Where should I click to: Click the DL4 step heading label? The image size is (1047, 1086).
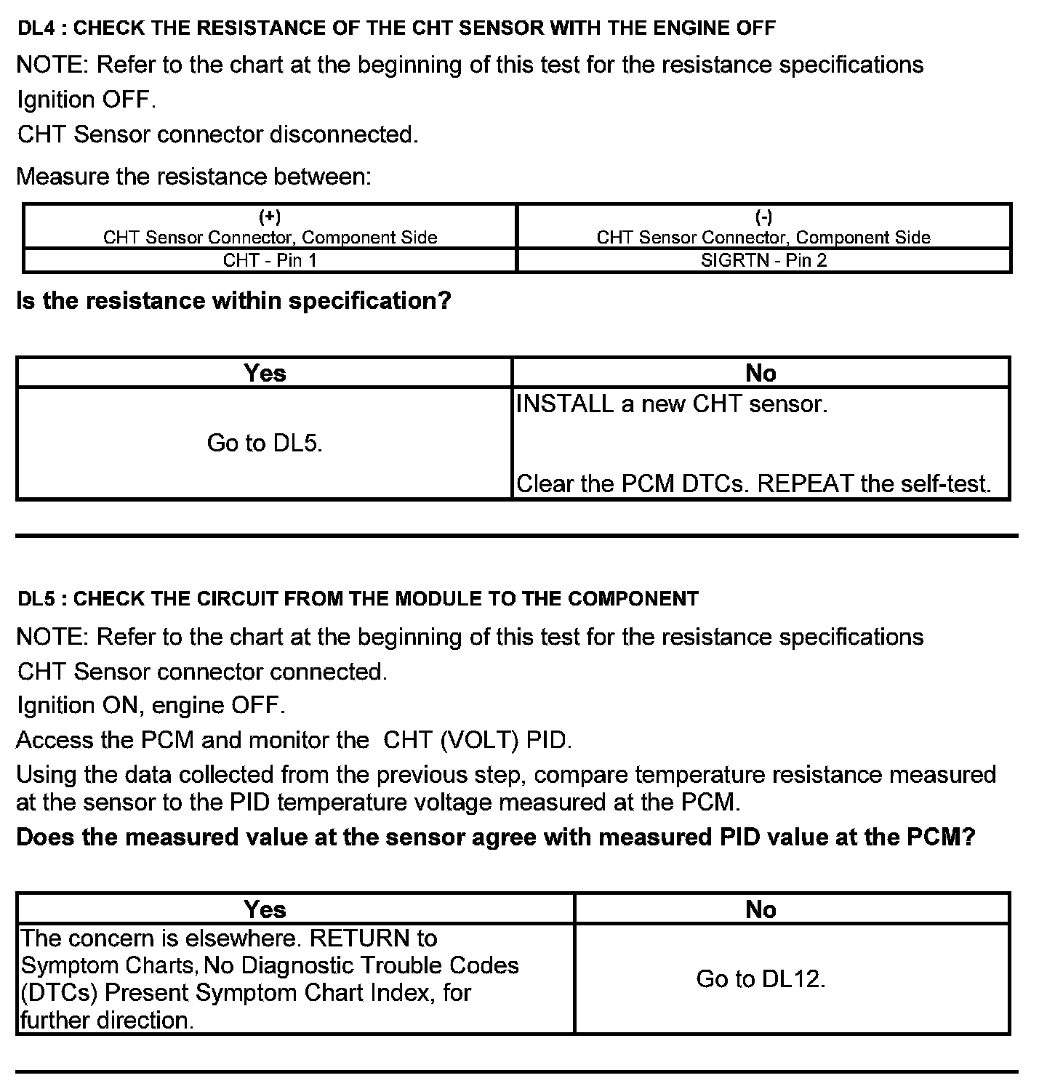coord(396,28)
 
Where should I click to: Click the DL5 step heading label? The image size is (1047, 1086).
coord(357,599)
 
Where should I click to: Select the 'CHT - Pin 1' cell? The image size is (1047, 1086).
coord(270,260)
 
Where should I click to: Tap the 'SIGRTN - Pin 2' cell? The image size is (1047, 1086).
coord(763,260)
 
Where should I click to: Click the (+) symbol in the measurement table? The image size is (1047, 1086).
coord(270,217)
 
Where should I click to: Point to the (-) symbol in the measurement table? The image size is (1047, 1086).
coord(763,217)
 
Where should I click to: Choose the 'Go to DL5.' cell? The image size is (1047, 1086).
coord(265,443)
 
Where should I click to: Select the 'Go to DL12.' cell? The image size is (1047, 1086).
coord(761,979)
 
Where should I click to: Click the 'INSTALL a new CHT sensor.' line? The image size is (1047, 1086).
coord(671,403)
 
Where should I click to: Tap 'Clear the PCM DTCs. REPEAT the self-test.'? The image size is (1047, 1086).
coord(753,483)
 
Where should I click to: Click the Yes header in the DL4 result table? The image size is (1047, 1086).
coord(265,373)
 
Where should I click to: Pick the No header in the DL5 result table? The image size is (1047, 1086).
coord(761,909)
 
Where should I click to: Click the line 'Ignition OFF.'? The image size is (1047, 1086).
coord(87,100)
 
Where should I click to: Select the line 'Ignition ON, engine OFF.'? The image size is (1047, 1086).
coord(151,705)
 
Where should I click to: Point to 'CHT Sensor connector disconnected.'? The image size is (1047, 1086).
coord(217,134)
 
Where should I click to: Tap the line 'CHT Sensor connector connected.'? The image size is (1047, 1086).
coord(202,671)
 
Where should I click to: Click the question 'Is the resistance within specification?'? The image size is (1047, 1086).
coord(233,300)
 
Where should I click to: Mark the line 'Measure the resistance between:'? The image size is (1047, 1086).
coord(193,177)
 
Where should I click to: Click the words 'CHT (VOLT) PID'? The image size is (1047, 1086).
coord(476,740)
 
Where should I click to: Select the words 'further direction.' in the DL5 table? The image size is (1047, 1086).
coord(108,1020)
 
